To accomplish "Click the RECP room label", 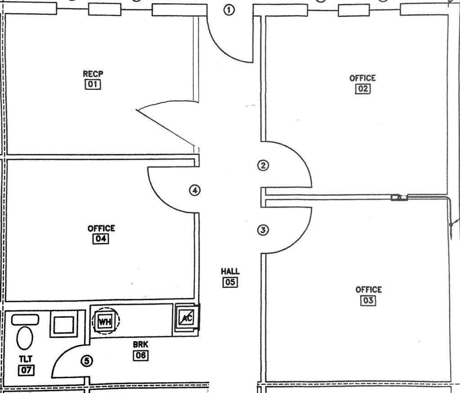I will pos(92,74).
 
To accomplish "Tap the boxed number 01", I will pos(92,84).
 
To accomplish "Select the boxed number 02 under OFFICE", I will pos(362,89).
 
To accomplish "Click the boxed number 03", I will pos(368,300).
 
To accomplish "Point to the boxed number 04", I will pos(101,239).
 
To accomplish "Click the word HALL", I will pos(230,271).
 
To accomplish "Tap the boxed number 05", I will pos(230,282).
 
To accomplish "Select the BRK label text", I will pos(140,344).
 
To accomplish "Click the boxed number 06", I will pos(140,355).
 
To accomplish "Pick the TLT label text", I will pos(26,359).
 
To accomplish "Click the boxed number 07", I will pos(26,370).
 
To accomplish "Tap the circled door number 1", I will pos(230,10).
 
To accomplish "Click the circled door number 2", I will pos(263,165).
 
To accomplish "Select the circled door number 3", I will pos(263,230).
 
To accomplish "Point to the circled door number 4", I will pos(194,190).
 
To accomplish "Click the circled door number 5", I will pos(87,361).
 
